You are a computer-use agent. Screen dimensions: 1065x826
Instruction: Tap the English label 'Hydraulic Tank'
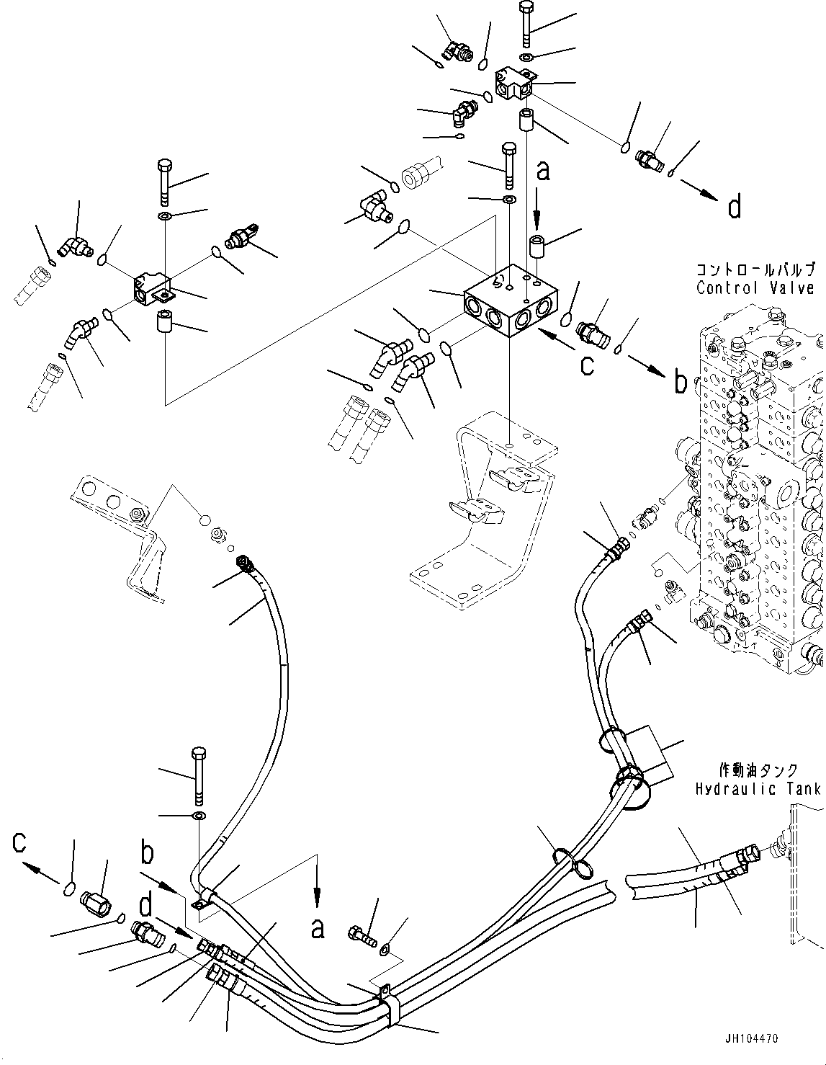click(x=757, y=788)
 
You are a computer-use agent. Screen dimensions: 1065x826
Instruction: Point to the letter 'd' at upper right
click(x=734, y=208)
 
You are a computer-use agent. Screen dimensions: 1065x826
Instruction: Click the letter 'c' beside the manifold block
click(x=588, y=365)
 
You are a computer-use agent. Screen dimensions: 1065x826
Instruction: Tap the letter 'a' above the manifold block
click(x=544, y=171)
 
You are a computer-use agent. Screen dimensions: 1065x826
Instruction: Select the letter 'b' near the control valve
click(x=680, y=383)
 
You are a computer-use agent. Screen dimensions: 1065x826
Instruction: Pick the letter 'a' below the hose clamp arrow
click(x=317, y=928)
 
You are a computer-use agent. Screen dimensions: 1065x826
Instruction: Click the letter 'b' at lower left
click(x=147, y=853)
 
